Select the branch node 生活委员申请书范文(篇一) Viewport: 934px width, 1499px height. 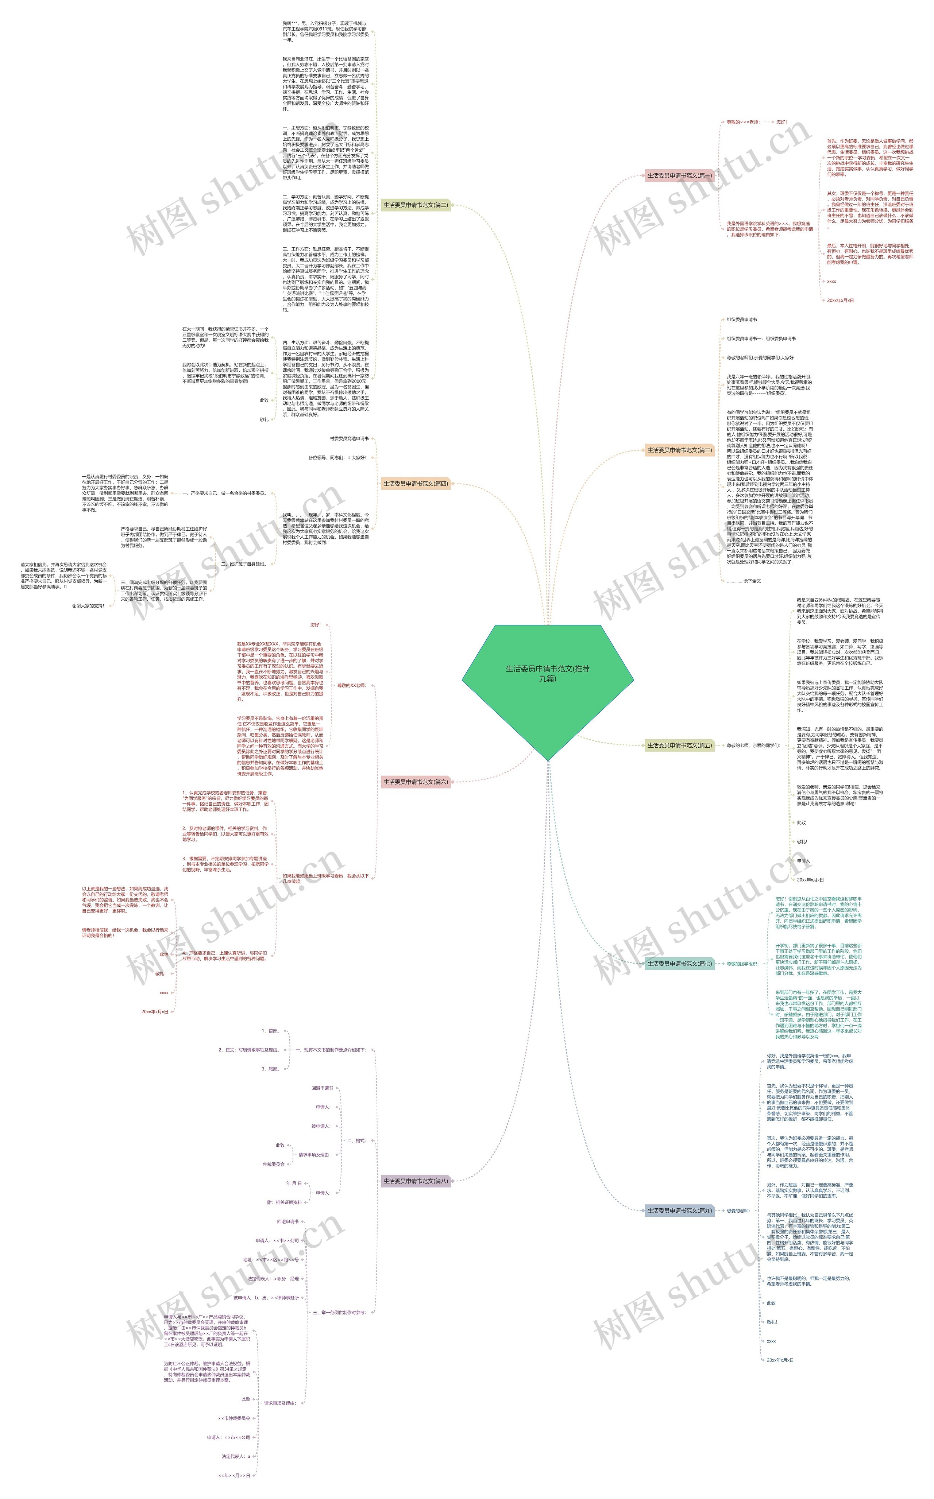click(679, 175)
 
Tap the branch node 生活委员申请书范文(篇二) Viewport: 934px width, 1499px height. click(415, 205)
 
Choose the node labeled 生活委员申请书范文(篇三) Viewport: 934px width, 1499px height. click(679, 450)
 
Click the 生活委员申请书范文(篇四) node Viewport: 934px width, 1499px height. click(415, 483)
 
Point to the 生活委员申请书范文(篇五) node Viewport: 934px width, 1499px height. click(679, 745)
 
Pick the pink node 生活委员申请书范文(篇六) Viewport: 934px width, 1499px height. click(415, 782)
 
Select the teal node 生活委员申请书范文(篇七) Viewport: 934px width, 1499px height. click(679, 963)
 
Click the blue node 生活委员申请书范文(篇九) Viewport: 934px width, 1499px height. click(679, 1211)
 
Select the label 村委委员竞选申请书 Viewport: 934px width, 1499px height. click(349, 438)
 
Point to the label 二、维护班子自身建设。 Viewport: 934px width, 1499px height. click(243, 563)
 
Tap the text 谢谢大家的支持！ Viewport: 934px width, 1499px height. click(88, 606)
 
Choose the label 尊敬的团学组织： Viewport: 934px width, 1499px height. click(742, 964)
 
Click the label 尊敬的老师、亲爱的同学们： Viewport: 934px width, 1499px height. click(753, 745)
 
